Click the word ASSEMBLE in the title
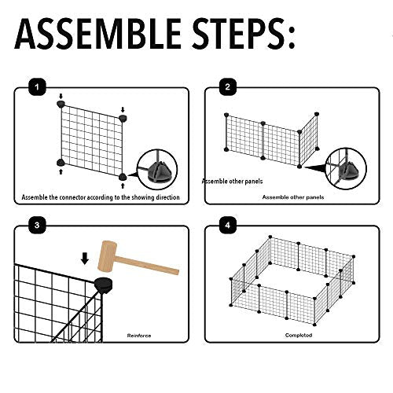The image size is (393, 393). [x=97, y=34]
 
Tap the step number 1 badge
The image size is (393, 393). [x=37, y=87]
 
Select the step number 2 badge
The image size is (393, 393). [x=227, y=87]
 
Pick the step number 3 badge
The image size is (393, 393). [x=37, y=226]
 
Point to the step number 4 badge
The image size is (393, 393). [x=227, y=226]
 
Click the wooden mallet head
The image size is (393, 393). [x=108, y=255]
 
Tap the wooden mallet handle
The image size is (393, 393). [x=148, y=266]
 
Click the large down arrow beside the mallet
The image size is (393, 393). [x=85, y=259]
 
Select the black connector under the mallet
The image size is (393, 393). [x=104, y=285]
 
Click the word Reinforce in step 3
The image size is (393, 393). [x=139, y=336]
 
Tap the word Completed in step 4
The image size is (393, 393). [x=299, y=336]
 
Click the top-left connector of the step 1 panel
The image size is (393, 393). [x=61, y=104]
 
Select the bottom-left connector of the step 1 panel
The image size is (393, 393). [x=61, y=163]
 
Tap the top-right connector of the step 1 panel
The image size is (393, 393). [x=123, y=118]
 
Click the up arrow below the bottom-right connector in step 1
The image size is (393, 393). [x=123, y=186]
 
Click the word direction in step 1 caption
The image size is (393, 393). [x=167, y=197]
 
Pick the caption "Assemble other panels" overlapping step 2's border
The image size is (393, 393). [x=233, y=182]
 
